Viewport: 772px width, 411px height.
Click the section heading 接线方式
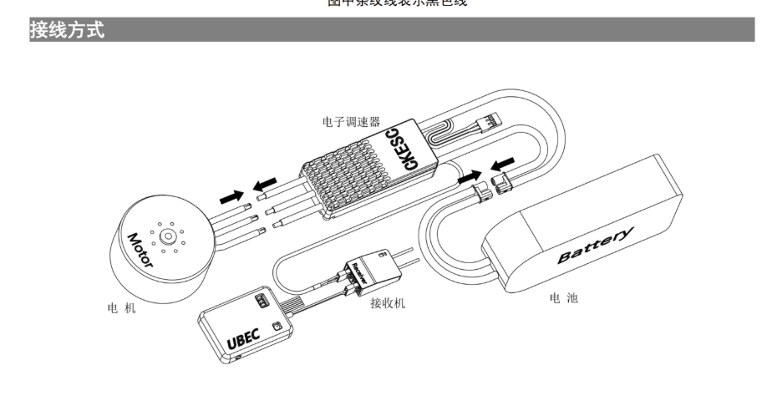pos(67,32)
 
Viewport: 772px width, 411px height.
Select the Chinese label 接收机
pos(387,303)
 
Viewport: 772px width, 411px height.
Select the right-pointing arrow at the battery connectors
pos(470,177)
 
